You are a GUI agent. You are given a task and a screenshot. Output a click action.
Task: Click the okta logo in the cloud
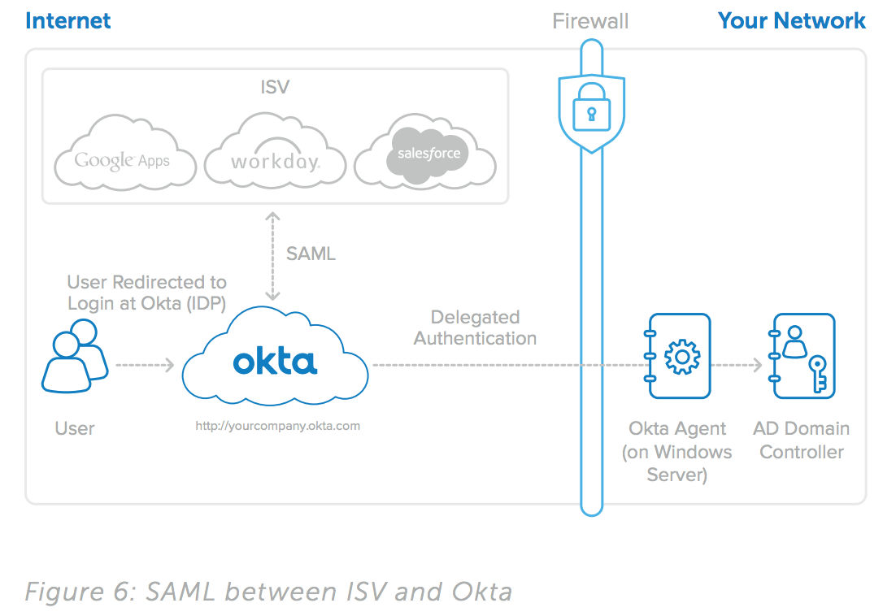(x=275, y=362)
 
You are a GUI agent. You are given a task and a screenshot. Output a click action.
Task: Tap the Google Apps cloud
(x=124, y=160)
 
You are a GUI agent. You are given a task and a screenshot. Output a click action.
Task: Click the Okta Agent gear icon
(x=681, y=356)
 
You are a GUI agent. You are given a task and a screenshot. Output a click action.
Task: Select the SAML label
(x=311, y=254)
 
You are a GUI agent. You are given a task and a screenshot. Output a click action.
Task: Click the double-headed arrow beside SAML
(x=273, y=256)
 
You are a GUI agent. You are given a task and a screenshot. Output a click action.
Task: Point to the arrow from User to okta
(x=145, y=366)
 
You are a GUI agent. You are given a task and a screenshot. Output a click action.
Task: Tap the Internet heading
(x=68, y=20)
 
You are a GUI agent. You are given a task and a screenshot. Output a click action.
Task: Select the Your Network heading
(x=791, y=20)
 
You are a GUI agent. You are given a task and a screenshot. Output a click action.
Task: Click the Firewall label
(x=590, y=21)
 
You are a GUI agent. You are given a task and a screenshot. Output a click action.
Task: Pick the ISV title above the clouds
(x=275, y=87)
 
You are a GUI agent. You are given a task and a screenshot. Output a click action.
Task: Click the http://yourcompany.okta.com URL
(x=277, y=425)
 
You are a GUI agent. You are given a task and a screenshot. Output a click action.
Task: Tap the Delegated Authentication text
(x=475, y=328)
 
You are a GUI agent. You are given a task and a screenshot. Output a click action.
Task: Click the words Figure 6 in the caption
(x=79, y=592)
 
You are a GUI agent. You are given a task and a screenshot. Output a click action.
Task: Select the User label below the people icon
(x=75, y=428)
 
